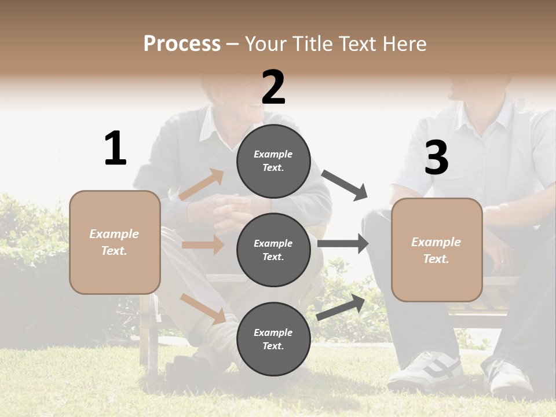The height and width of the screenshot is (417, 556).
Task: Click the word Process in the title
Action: (182, 43)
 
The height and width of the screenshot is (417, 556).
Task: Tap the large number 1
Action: (115, 149)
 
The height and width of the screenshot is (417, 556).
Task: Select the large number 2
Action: (273, 87)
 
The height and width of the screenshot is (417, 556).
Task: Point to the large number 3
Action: (436, 158)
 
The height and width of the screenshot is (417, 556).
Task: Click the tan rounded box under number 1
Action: (115, 242)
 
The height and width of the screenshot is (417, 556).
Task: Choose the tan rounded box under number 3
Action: (437, 250)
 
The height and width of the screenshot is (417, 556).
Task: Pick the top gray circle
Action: (273, 161)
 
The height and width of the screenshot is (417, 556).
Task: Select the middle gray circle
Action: (273, 250)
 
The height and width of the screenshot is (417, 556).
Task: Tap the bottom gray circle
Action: (273, 339)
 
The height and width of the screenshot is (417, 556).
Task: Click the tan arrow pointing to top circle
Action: (202, 185)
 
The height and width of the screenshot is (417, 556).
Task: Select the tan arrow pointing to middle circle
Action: (203, 245)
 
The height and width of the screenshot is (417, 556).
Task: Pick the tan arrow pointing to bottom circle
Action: (203, 308)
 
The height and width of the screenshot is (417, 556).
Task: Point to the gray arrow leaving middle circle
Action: (343, 244)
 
